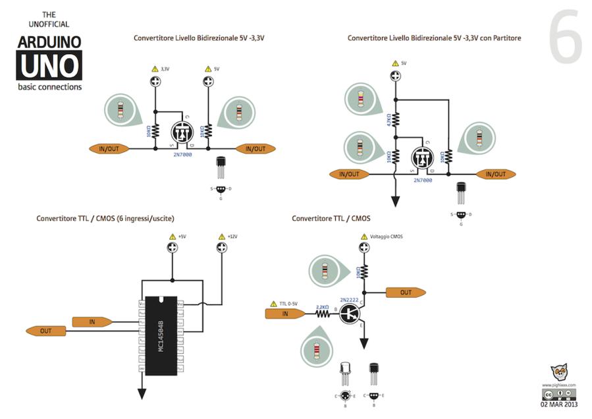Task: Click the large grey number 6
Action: point(565,38)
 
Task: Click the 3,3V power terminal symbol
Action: point(156,82)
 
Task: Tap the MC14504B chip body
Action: point(160,335)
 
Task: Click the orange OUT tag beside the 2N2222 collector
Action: point(406,293)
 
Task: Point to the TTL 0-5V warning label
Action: point(284,303)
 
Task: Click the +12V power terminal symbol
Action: point(221,247)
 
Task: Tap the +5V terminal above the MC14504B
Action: point(173,247)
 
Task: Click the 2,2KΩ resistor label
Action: point(323,307)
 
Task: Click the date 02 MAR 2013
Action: point(558,405)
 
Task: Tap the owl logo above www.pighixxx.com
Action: point(559,372)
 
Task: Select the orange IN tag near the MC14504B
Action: point(93,321)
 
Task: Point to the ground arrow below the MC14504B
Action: point(141,393)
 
